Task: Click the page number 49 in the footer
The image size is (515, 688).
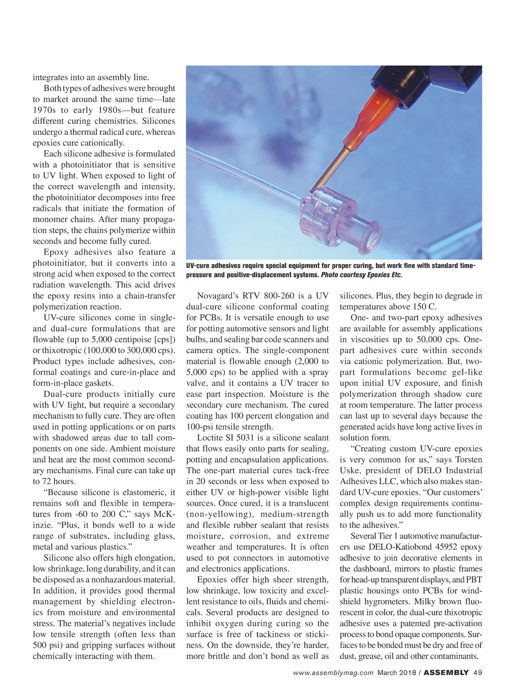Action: pos(478,673)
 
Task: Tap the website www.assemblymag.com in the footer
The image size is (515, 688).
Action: pos(333,673)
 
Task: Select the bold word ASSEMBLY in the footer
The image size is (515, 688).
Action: pos(446,673)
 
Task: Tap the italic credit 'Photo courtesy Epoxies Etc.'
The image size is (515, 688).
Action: pos(361,275)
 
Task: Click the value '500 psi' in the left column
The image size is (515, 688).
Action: pos(47,645)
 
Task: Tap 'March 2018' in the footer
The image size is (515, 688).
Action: pos(396,673)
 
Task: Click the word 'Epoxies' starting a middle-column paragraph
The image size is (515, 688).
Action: pos(212,580)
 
